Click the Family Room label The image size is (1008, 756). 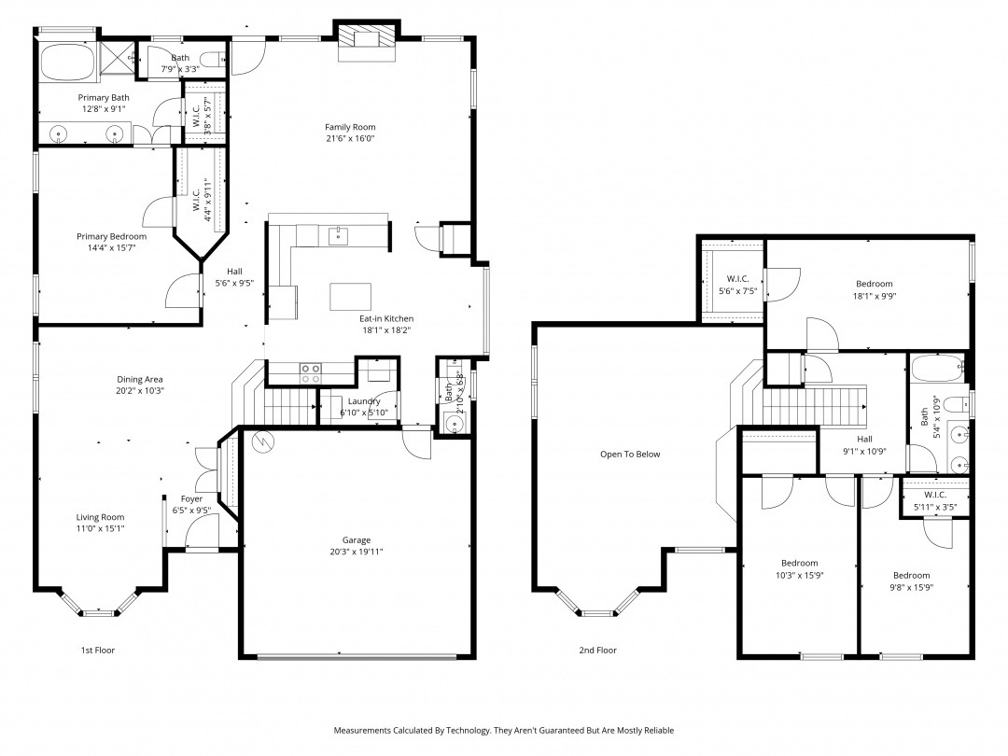tap(350, 127)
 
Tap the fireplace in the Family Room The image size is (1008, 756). tap(367, 39)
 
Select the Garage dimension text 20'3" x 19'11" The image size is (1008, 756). tap(357, 552)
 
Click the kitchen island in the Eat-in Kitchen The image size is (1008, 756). tap(350, 297)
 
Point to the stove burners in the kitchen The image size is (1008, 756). tap(311, 373)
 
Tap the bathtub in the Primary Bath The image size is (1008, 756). tap(67, 62)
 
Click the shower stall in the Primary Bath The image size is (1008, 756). tap(118, 60)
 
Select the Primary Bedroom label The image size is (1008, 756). tap(111, 236)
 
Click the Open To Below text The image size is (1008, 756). tap(630, 455)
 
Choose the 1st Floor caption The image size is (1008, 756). tap(98, 651)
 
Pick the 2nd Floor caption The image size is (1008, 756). tap(598, 651)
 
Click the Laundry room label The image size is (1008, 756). tap(364, 401)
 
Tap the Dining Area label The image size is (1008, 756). tap(139, 379)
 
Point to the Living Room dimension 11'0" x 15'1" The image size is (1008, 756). tap(100, 528)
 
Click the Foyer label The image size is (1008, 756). tap(191, 498)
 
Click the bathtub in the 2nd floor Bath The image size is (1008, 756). tap(936, 368)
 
